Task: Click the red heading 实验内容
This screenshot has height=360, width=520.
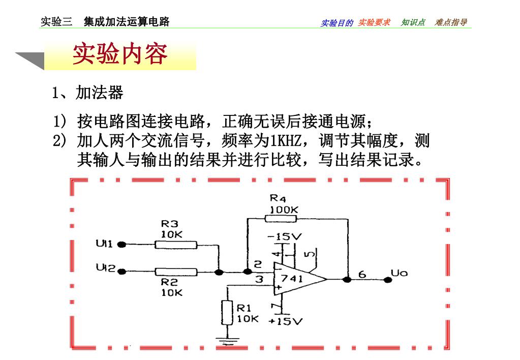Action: (x=120, y=54)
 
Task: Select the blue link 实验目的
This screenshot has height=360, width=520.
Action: (x=337, y=23)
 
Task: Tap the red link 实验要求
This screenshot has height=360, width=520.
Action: (x=374, y=22)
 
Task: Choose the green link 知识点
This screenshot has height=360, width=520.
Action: (x=413, y=22)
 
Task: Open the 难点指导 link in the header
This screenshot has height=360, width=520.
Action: (x=451, y=22)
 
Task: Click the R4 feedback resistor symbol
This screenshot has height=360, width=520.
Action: (x=281, y=219)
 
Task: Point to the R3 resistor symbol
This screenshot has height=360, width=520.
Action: (x=175, y=245)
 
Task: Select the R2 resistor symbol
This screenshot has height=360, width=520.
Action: (x=175, y=272)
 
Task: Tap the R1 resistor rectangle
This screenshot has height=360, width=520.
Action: (x=227, y=312)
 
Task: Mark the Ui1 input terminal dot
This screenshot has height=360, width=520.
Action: (x=121, y=245)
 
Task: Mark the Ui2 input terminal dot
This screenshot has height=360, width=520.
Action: (x=121, y=272)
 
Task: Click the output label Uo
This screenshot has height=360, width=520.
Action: (x=399, y=274)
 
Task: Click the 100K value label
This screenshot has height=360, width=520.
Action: (x=284, y=209)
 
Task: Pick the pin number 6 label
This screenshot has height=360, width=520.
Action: (x=362, y=275)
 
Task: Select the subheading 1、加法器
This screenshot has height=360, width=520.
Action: (x=87, y=93)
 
